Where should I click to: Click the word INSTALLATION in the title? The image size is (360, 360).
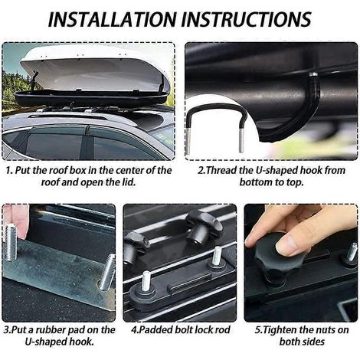point(113,19)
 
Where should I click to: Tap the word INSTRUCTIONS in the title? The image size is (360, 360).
point(247,19)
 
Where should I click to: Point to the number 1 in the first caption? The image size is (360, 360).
point(8,171)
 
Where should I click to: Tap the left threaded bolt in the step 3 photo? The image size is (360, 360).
point(11,242)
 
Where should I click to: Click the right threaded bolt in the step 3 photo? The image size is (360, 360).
point(107,272)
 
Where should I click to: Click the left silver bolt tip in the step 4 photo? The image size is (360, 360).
point(146,280)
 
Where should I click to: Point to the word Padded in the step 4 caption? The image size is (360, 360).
point(155,330)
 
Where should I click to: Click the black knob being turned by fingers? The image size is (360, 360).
point(273,258)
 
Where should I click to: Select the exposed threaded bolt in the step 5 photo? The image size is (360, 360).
point(352,252)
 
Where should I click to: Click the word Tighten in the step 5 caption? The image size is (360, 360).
point(280,330)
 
